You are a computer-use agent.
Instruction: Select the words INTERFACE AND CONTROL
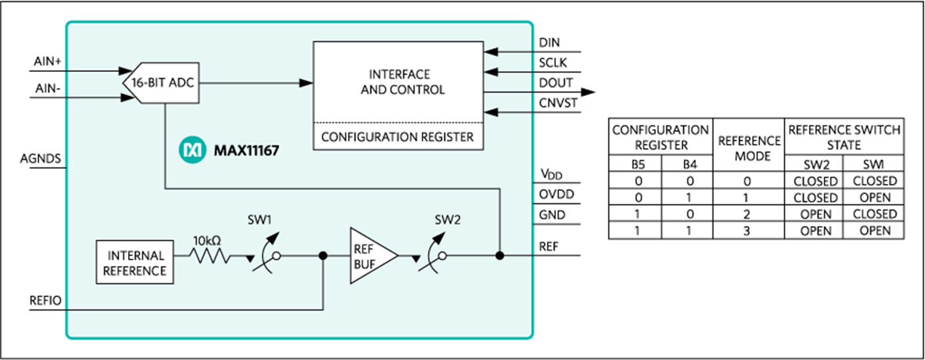(x=399, y=82)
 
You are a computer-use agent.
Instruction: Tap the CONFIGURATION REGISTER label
(x=398, y=137)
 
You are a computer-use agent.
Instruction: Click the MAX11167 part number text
(x=246, y=151)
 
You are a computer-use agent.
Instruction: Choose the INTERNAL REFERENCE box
(x=135, y=263)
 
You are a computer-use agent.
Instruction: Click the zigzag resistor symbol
(x=211, y=255)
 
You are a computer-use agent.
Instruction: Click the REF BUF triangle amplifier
(x=371, y=255)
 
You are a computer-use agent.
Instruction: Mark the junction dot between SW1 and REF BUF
(x=323, y=255)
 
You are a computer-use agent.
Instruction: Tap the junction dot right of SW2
(x=499, y=255)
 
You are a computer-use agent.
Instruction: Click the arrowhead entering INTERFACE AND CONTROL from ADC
(x=306, y=83)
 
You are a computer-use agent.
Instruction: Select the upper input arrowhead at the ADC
(x=125, y=70)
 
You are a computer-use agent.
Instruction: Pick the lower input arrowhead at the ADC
(x=125, y=98)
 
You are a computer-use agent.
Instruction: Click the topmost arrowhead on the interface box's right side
(x=491, y=51)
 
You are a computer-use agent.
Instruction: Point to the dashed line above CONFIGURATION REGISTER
(x=398, y=123)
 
